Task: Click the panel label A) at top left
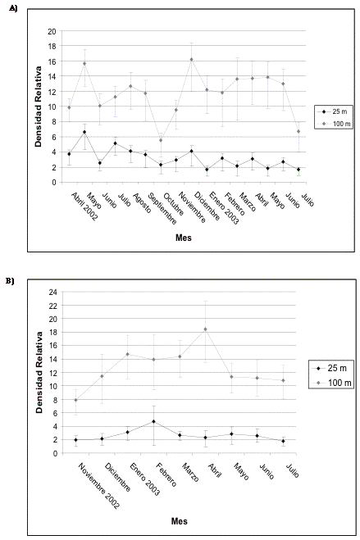[13, 8]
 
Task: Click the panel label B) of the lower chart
[10, 281]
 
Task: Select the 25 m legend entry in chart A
[333, 111]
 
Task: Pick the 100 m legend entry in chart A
[334, 124]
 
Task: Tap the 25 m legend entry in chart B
[330, 368]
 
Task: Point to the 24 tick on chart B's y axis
[52, 292]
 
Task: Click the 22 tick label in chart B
[52, 306]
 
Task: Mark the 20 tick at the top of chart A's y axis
[52, 31]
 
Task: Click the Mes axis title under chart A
[183, 238]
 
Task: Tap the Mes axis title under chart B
[179, 521]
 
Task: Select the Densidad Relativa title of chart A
[39, 107]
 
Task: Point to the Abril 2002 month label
[84, 206]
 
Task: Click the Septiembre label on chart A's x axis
[162, 209]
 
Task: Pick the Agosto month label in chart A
[141, 203]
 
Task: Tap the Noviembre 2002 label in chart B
[99, 486]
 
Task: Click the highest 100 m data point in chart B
[205, 329]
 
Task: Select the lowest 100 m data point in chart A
[161, 140]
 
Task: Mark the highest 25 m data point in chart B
[153, 421]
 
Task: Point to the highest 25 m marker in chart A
[84, 132]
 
